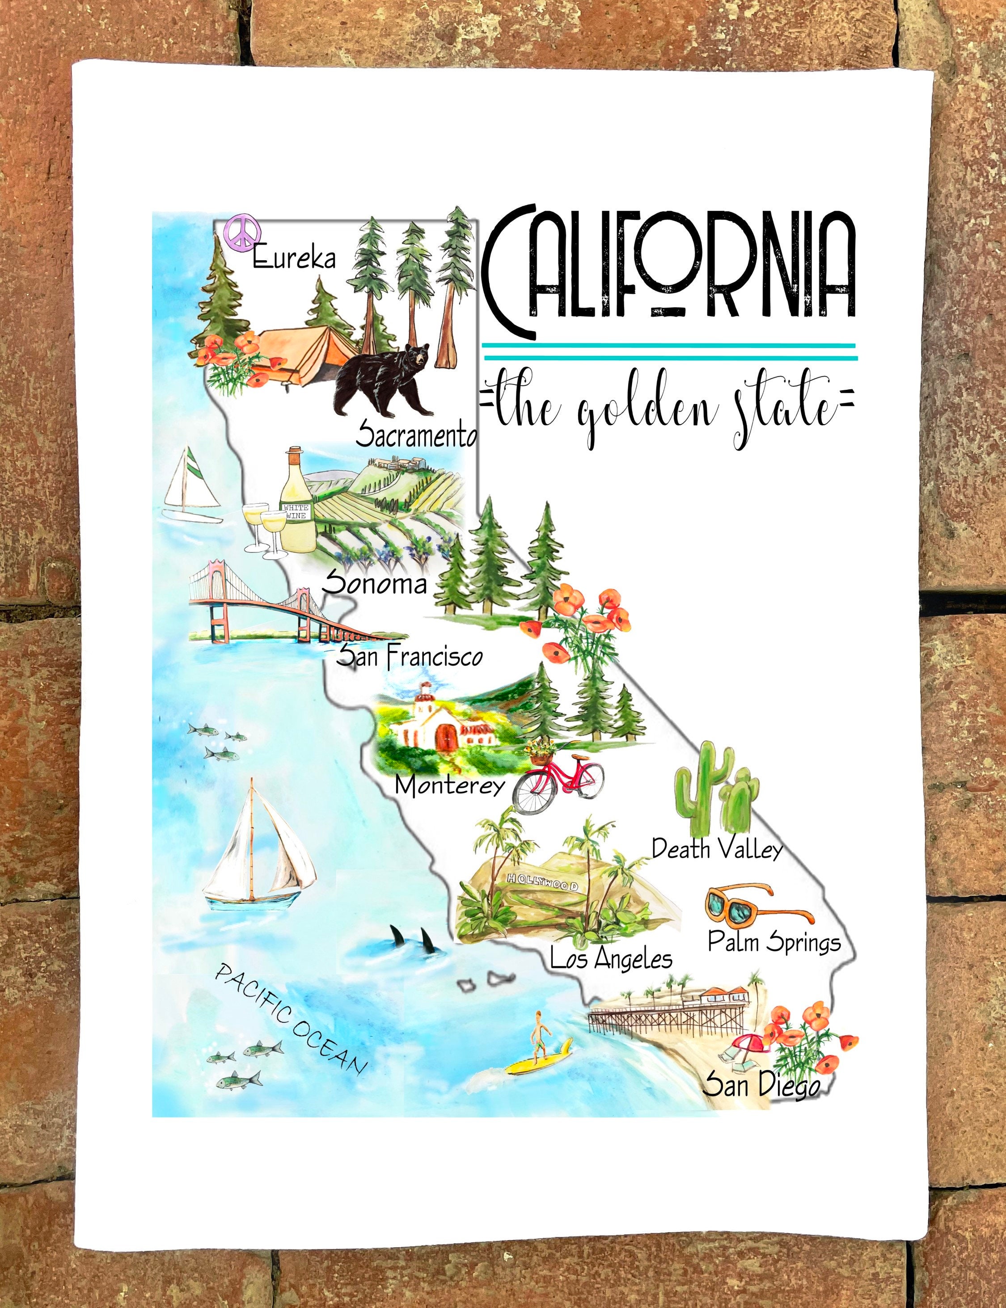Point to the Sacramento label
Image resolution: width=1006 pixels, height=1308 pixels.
coord(416,436)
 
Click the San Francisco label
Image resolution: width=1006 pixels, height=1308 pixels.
coord(409,656)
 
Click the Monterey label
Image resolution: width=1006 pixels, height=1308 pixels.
coord(450,785)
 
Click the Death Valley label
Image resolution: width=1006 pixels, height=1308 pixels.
coord(717,849)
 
